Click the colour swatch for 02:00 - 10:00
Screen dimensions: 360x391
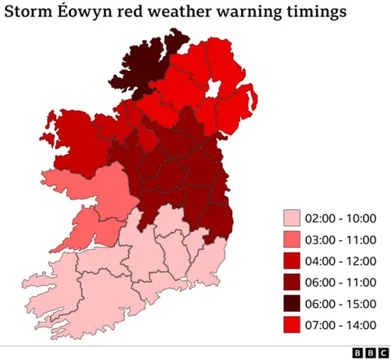(x=292, y=218)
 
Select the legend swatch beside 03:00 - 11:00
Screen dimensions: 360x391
(x=292, y=239)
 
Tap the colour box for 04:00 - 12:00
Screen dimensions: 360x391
(x=292, y=261)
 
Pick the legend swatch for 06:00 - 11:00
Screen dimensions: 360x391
(x=292, y=282)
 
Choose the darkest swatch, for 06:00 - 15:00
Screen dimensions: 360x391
(x=292, y=303)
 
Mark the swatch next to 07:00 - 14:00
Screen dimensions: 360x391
(x=292, y=324)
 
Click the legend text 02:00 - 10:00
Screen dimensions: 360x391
(x=340, y=218)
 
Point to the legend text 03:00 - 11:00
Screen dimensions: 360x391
(x=340, y=239)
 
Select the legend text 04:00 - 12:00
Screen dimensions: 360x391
(x=340, y=261)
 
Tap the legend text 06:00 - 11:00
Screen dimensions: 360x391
(x=340, y=282)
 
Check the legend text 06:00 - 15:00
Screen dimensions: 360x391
(x=340, y=303)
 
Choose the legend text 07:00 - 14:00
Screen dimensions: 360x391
(x=340, y=324)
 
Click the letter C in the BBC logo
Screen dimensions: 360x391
(x=382, y=352)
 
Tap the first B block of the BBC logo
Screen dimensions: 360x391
(x=357, y=352)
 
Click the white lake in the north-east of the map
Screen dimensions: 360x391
(x=215, y=88)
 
